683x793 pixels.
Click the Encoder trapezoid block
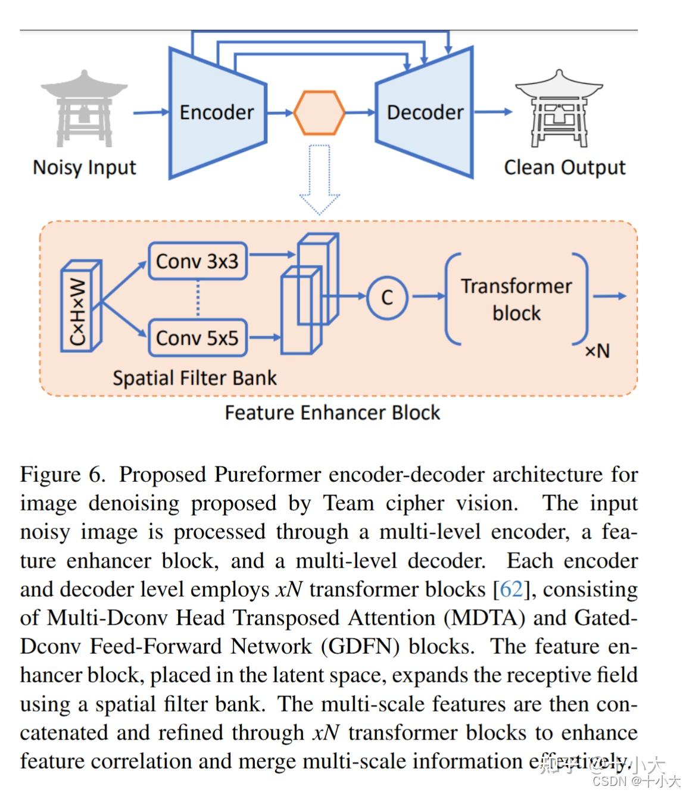coord(216,112)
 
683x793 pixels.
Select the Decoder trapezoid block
coord(425,112)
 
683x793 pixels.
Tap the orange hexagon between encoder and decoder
coord(319,112)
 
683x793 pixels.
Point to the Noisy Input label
coord(85,167)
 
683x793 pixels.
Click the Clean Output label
coord(565,167)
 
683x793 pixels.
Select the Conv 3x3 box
coord(197,261)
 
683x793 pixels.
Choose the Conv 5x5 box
coord(197,338)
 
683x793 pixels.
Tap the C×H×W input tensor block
coord(80,306)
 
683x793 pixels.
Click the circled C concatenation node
coord(387,297)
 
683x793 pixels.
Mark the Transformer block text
coord(516,299)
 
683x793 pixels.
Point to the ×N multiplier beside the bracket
coord(597,351)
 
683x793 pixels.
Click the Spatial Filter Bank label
coord(195,378)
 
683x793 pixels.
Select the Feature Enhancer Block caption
coord(332,413)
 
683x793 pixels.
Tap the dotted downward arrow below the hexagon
coord(319,179)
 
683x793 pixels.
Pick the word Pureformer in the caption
coord(268,475)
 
